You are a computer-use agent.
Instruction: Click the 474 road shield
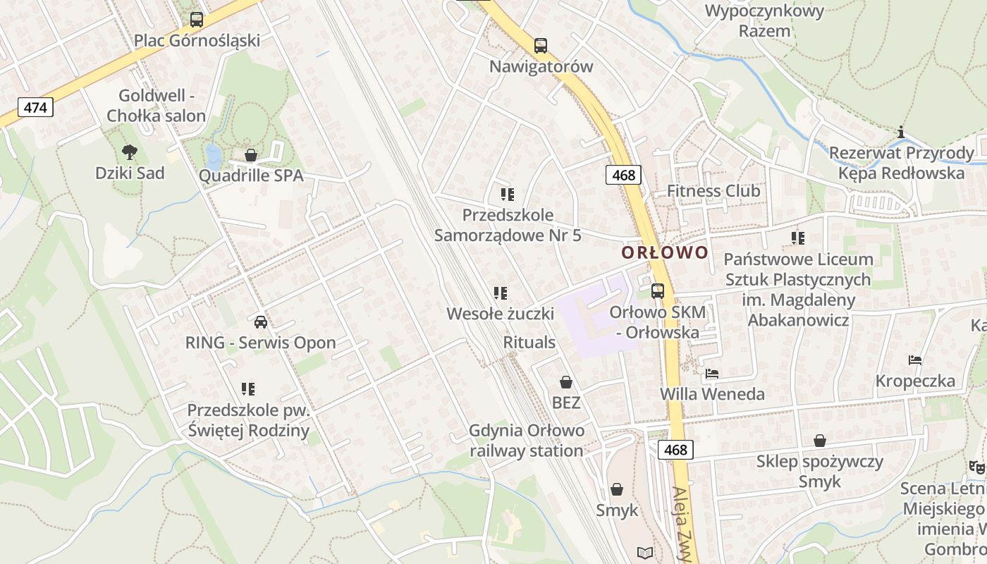(35, 108)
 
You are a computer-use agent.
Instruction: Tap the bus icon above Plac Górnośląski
(197, 20)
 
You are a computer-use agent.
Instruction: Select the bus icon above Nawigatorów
(541, 46)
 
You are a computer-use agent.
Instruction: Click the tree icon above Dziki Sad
(129, 151)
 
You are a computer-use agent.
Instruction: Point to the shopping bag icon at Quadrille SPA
(250, 155)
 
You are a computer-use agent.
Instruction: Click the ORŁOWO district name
(665, 252)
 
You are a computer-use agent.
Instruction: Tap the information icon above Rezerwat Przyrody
(900, 132)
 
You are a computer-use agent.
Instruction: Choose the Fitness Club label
(713, 191)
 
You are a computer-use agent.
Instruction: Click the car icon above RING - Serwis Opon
(260, 322)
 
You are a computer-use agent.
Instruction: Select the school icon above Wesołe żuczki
(501, 293)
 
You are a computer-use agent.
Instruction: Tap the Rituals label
(529, 343)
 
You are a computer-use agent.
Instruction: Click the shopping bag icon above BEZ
(565, 383)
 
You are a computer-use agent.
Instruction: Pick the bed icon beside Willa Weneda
(712, 374)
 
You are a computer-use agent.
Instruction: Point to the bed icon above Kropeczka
(915, 360)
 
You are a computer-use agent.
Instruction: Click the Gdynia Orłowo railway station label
(527, 441)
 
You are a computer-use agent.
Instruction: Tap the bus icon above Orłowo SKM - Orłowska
(657, 290)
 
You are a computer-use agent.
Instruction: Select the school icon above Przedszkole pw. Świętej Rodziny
(247, 388)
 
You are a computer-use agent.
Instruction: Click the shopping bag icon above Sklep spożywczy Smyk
(820, 441)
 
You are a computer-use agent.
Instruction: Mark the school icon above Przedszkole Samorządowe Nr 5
(507, 194)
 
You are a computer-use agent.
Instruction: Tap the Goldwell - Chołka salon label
(156, 106)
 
